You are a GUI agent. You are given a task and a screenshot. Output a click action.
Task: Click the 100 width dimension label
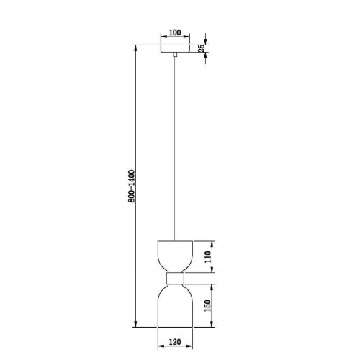click(175, 32)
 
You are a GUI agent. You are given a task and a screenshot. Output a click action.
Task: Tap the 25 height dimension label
click(202, 48)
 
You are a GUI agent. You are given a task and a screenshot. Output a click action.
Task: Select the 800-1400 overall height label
click(132, 186)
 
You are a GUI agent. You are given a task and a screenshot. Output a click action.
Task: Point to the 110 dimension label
click(208, 257)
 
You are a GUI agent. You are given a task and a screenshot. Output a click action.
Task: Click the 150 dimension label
click(207, 305)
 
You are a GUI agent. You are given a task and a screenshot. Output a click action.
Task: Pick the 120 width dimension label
click(175, 341)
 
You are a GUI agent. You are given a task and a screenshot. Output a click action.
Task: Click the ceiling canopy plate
click(175, 48)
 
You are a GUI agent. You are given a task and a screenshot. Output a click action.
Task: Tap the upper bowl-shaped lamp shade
click(175, 256)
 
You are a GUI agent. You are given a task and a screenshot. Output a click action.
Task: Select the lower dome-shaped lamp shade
click(175, 305)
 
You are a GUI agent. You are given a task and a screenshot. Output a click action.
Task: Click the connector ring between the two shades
click(175, 279)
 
